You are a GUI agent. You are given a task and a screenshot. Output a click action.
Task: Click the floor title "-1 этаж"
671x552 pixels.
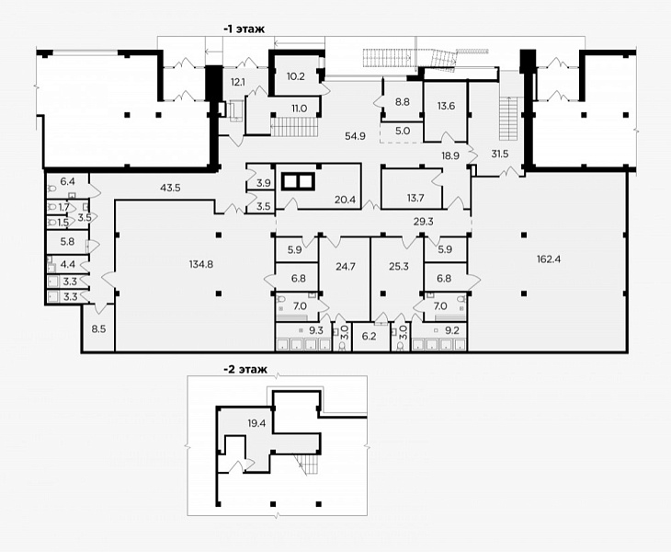coord(244,29)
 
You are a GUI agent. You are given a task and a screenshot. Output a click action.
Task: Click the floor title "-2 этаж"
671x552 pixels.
coord(245,369)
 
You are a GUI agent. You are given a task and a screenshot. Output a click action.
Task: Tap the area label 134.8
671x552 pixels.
coord(201,264)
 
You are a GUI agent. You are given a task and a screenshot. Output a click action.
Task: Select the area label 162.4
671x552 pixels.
coord(549,259)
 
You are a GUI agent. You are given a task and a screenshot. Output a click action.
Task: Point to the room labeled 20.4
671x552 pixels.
coord(318,187)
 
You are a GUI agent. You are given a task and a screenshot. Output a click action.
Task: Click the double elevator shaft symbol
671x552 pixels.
coord(298,181)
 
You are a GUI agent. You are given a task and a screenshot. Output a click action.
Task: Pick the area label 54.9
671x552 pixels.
coord(355,136)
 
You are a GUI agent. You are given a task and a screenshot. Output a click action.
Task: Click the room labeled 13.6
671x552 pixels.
coord(445,111)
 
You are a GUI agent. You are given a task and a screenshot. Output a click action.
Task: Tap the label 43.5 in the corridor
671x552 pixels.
coord(170,188)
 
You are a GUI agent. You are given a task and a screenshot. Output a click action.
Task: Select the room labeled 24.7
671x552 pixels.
coord(345,279)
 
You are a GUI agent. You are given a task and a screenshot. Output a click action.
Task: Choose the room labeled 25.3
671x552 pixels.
coord(398,279)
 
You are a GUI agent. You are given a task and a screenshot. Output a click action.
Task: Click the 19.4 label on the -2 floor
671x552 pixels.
coord(256,424)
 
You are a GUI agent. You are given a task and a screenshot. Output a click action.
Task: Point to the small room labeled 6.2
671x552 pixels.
coord(369,337)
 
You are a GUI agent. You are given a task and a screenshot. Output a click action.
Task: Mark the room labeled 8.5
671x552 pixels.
coord(98,328)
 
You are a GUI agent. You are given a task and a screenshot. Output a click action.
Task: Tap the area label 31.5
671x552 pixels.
coord(499,154)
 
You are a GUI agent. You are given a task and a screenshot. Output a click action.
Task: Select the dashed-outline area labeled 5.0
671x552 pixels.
coord(403,132)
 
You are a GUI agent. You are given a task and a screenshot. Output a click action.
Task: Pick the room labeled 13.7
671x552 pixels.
coord(411,189)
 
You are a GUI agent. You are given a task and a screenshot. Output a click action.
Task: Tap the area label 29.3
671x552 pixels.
coord(424,222)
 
